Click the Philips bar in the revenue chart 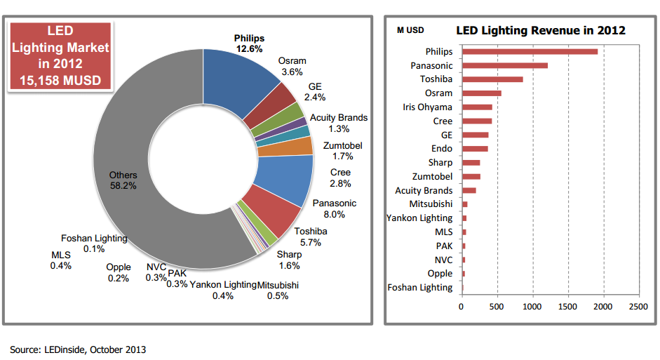530,51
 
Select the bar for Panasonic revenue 504,65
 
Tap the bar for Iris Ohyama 477,107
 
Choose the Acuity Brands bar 469,190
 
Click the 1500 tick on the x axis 567,307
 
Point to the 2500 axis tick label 638,307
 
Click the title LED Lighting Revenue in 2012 541,30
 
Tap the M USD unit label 410,31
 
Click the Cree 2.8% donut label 340,178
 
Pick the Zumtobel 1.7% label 343,151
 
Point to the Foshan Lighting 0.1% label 94,243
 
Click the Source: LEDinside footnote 78,349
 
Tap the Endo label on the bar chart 442,149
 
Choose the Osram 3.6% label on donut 292,66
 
